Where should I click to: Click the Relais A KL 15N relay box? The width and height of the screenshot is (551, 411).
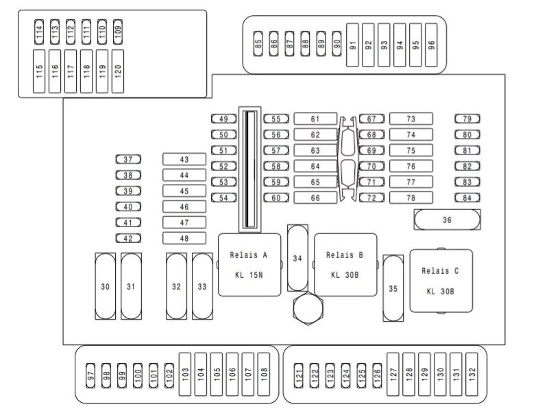(249, 265)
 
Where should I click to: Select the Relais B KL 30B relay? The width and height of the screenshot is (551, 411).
(345, 265)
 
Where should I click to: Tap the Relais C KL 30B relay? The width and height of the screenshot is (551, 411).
(441, 281)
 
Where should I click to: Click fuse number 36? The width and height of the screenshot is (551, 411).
(447, 220)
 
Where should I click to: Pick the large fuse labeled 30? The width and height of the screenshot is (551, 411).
(106, 286)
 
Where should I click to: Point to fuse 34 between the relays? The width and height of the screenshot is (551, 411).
(297, 258)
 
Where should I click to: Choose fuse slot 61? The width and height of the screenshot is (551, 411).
(315, 119)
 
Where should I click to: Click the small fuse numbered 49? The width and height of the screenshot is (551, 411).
(224, 119)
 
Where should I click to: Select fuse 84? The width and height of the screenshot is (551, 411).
(467, 198)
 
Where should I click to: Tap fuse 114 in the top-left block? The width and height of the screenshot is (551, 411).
(39, 32)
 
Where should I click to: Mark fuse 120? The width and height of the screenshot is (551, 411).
(118, 71)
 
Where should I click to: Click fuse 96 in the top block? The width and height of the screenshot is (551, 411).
(431, 45)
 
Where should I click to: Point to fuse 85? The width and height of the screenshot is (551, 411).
(258, 44)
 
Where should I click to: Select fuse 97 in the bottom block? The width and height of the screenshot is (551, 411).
(90, 375)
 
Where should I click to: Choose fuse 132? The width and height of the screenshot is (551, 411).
(472, 375)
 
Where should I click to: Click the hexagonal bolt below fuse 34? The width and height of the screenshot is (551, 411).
(308, 309)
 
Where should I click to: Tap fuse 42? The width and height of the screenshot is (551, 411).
(128, 238)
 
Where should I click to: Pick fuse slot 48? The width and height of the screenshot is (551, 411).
(184, 238)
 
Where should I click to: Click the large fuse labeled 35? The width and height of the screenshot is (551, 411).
(393, 288)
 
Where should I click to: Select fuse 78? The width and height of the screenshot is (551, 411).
(411, 198)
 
